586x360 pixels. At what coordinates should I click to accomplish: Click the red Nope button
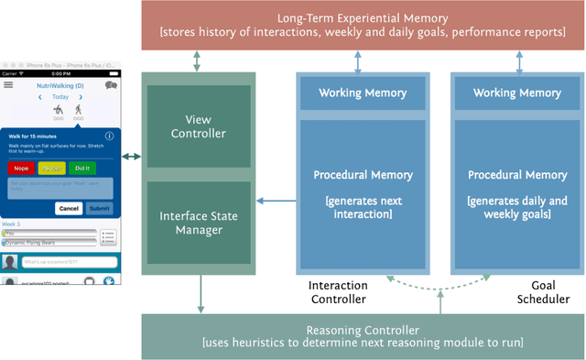20,169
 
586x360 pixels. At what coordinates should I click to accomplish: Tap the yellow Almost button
50,169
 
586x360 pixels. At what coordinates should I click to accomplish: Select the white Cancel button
69,208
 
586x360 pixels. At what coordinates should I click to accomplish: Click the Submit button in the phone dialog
99,208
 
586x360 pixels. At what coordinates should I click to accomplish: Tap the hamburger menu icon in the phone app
9,85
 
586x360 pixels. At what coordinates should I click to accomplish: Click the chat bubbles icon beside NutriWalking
112,85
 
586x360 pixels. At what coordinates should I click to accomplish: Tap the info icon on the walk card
110,136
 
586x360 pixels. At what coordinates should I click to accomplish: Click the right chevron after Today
80,96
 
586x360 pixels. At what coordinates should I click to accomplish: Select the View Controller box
199,126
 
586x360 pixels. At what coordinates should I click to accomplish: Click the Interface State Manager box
199,223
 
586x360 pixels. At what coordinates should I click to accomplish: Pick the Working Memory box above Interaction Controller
364,93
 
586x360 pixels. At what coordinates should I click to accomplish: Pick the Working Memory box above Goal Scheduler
517,93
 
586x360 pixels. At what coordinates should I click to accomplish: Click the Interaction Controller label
338,292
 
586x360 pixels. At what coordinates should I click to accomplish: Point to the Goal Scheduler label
548,292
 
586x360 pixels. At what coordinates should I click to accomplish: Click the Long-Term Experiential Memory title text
364,17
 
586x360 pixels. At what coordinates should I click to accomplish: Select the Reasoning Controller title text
364,329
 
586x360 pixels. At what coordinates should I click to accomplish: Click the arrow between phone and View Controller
132,158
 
